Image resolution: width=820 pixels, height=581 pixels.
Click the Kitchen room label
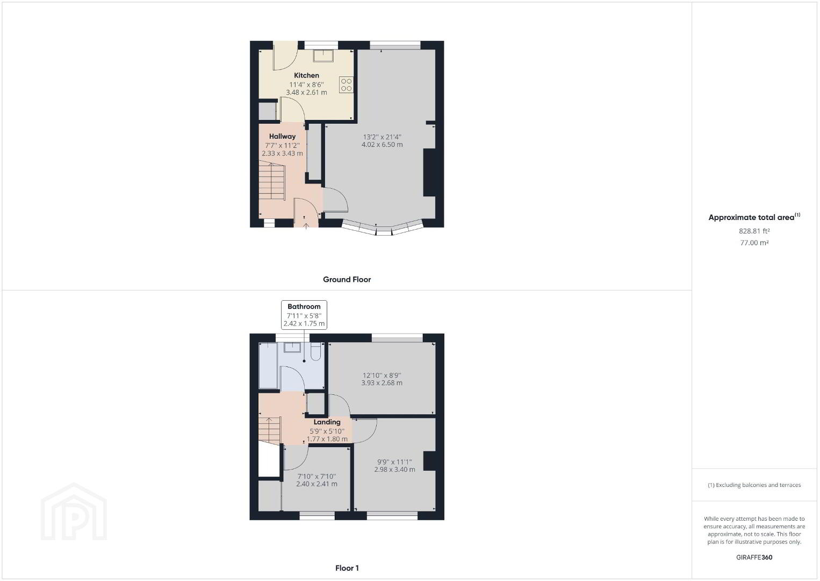(306, 75)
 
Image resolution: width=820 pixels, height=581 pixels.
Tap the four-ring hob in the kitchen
(346, 84)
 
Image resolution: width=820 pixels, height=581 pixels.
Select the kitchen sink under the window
(323, 56)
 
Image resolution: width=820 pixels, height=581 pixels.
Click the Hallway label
(282, 136)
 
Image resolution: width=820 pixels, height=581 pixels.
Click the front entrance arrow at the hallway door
(306, 223)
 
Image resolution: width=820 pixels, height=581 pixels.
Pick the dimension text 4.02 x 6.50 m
(382, 145)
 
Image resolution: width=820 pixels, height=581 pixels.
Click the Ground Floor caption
(347, 280)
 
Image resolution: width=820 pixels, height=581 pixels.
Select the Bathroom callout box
(304, 315)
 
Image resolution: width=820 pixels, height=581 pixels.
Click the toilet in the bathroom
(316, 351)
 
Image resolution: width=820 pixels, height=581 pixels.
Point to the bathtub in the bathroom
(268, 365)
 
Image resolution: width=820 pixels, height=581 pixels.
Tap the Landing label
(327, 422)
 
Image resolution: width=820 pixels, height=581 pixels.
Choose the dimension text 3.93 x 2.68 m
(382, 383)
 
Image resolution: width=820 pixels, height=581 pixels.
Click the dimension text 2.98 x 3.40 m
(394, 470)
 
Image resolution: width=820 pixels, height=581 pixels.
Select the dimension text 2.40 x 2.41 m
(317, 484)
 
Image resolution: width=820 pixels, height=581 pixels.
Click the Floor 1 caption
(347, 568)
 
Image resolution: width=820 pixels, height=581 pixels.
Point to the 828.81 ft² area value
(754, 231)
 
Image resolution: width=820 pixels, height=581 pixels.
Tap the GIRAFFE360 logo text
(754, 557)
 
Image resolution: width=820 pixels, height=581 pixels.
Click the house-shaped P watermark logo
(74, 512)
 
